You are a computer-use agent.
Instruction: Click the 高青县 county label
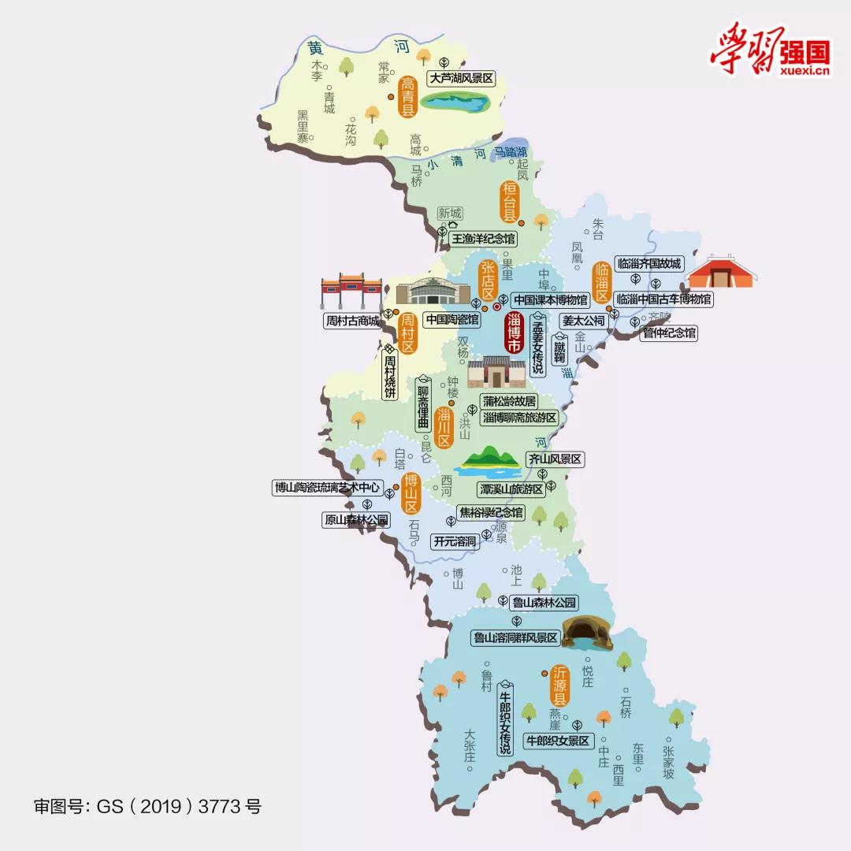pos(407,97)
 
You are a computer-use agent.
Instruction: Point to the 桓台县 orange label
pos(511,202)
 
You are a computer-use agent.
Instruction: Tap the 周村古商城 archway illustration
pos(351,293)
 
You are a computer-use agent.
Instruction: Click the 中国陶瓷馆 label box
pos(452,319)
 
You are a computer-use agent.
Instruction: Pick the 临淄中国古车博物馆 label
pos(663,299)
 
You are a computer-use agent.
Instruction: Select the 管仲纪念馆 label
pos(669,333)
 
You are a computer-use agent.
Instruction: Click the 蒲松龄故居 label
pos(510,400)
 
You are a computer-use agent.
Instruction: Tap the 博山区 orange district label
pos(410,494)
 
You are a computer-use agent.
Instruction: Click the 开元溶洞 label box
pos(455,541)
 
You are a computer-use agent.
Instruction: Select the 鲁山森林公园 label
pos(544,603)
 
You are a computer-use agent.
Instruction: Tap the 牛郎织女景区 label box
pos(558,741)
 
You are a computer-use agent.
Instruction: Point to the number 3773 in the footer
pos(222,807)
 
